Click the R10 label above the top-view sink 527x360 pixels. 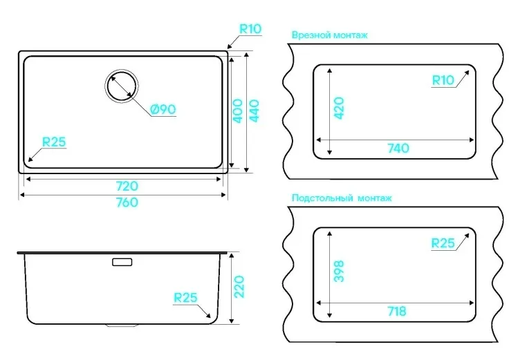click(x=250, y=28)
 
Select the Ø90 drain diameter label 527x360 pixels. click(x=163, y=109)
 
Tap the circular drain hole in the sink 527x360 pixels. click(x=122, y=86)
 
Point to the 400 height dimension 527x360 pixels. click(x=238, y=111)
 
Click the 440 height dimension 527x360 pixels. click(x=254, y=111)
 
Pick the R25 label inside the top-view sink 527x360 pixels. click(x=53, y=142)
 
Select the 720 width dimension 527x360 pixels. click(x=127, y=186)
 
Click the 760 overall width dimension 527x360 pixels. click(x=127, y=202)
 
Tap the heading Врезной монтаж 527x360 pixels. click(x=329, y=35)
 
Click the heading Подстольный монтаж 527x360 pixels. click(x=342, y=198)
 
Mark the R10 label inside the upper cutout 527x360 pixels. click(x=443, y=80)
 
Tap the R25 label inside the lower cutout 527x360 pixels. click(x=443, y=243)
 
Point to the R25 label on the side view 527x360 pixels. click(x=185, y=298)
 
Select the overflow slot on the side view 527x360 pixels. click(x=122, y=262)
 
